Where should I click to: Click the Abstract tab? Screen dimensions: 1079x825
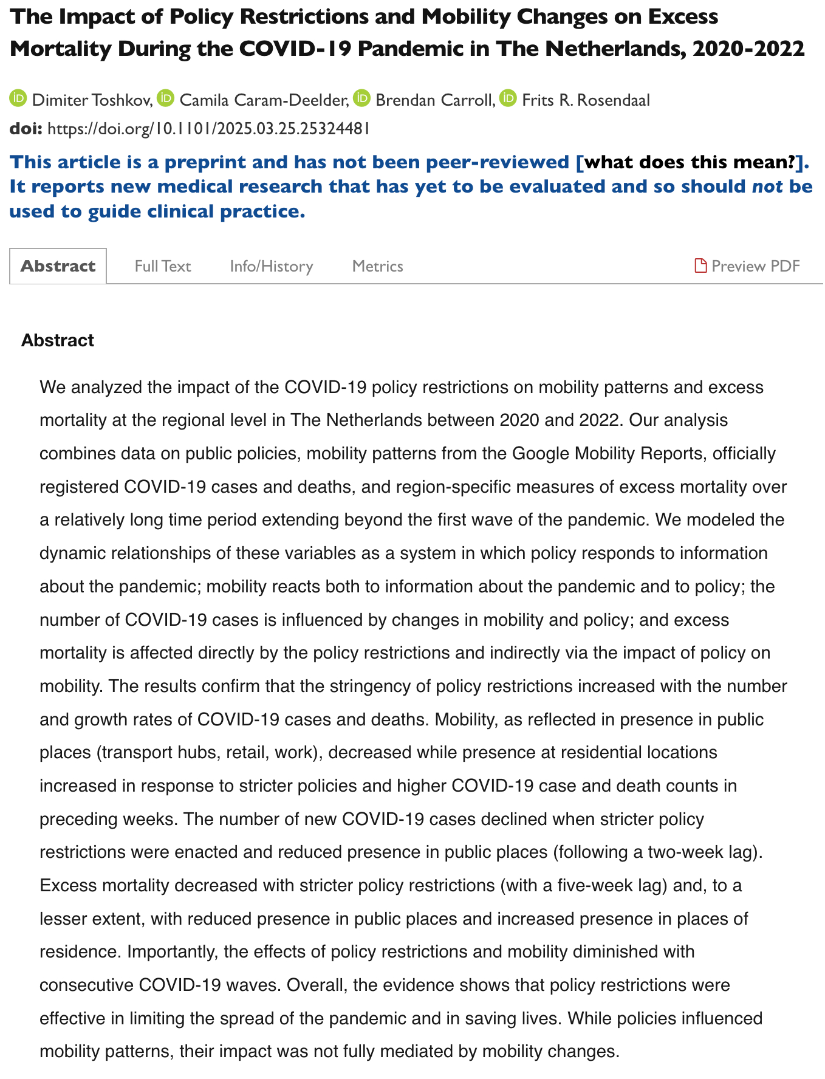point(58,266)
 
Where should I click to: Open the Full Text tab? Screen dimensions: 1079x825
point(163,266)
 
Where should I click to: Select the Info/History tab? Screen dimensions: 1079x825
point(271,266)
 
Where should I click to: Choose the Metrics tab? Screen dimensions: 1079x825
point(377,266)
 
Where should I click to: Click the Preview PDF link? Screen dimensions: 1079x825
point(755,266)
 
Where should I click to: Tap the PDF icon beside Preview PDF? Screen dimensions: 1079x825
point(700,266)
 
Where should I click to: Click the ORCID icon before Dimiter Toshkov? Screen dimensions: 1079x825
point(18,98)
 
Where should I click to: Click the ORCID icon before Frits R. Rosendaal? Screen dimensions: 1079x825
point(508,98)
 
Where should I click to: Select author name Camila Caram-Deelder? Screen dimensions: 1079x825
point(264,100)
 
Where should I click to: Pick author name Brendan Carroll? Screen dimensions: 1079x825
point(434,100)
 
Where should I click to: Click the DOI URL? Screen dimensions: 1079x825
point(208,129)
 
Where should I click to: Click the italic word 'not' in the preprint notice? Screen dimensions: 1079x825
point(767,187)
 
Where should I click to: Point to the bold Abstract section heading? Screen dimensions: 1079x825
point(58,340)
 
